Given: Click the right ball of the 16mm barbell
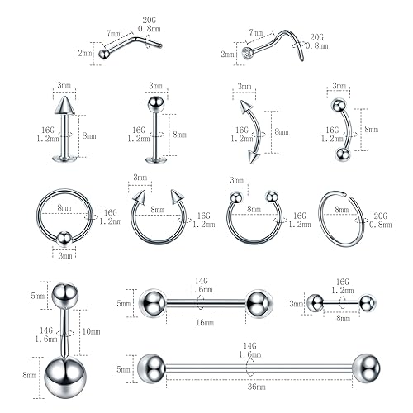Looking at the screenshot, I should tap(257, 300).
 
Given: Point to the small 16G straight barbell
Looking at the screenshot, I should tap(339, 303).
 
